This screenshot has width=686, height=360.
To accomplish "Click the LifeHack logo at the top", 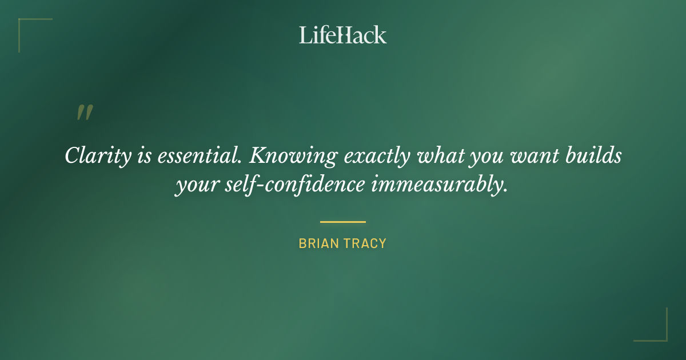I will pos(343,35).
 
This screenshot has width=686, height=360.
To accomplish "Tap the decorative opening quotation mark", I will pos(84,113).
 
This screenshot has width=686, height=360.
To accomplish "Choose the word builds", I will pos(595,156).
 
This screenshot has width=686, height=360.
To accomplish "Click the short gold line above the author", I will pos(343,222).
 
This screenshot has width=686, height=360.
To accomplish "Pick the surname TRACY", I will pos(365,243).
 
